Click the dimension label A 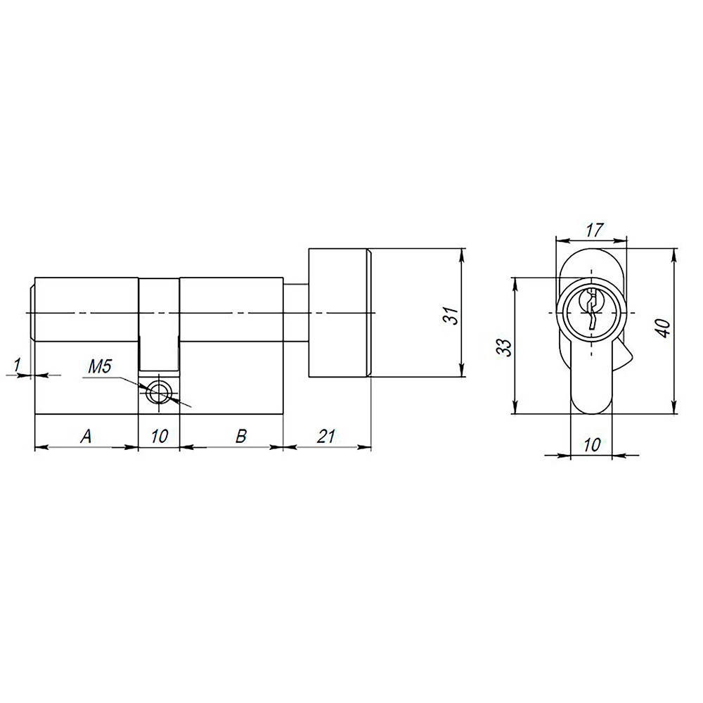coord(86,436)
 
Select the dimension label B coord(240,436)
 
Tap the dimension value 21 coord(325,436)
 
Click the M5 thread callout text coord(99,366)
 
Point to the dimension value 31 coord(453,315)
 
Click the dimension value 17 coord(593,230)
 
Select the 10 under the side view coord(160,436)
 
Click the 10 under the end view coord(592,445)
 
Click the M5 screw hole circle coord(160,392)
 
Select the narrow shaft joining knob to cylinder coord(295,312)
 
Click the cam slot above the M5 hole coord(159,323)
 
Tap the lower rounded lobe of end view coord(591,394)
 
